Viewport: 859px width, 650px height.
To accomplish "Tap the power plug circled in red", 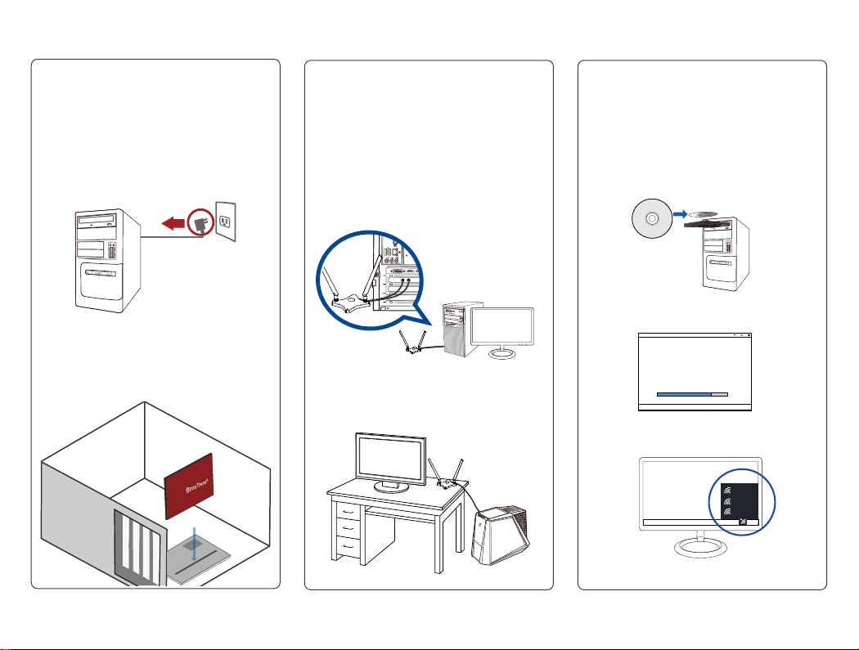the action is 199,222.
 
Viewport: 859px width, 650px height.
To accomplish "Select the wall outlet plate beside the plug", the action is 226,221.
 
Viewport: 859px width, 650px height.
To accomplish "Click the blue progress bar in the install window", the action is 684,393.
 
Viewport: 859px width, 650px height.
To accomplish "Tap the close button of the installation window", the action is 748,335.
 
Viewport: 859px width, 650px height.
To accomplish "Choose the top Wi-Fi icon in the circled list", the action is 726,482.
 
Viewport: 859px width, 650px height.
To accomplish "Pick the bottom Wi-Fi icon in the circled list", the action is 726,512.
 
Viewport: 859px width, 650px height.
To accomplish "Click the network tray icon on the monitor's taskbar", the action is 741,521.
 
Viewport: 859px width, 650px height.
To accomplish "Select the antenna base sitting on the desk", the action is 447,483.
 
